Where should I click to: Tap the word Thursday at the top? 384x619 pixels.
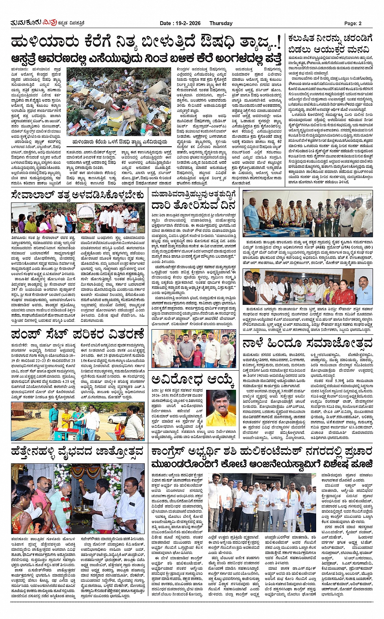tap(221, 23)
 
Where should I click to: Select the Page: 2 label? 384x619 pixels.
tap(353, 23)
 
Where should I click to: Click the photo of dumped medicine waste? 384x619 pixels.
tap(119, 102)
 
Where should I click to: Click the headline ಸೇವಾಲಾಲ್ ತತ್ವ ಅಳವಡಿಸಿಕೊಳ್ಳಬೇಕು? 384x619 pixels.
tap(78, 195)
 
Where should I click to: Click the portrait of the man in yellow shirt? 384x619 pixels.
tap(221, 408)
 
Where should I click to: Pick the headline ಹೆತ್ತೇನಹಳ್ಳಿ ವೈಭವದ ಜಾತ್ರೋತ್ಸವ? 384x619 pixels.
tap(78, 451)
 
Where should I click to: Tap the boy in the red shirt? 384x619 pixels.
tap(198, 354)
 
